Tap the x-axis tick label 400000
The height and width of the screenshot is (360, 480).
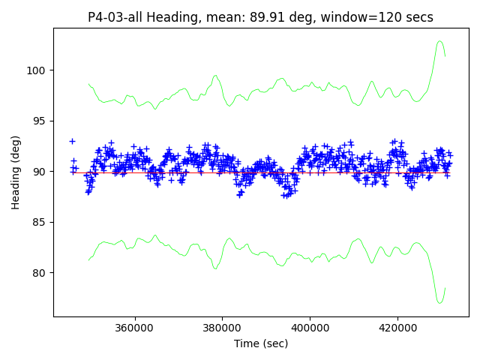(x=310, y=328)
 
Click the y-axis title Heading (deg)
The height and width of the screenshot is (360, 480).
(x=16, y=172)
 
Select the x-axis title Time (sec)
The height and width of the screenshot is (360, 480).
(x=261, y=343)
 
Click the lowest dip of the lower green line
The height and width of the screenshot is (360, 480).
(x=440, y=303)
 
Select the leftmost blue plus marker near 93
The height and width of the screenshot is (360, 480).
(x=72, y=141)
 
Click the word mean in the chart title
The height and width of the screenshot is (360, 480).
(x=227, y=17)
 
